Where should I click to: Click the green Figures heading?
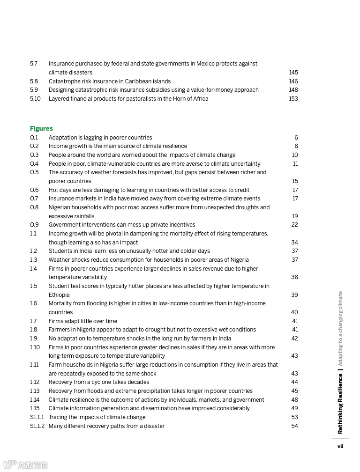click(x=41, y=128)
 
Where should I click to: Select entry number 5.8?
click(x=34, y=81)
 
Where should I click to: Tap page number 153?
click(x=293, y=99)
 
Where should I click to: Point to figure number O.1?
click(x=34, y=138)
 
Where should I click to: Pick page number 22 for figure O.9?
click(x=294, y=225)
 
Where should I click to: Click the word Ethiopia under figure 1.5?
click(x=59, y=295)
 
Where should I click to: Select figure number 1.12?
click(x=35, y=382)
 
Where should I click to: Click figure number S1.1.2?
click(x=37, y=426)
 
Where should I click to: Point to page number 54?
click(x=294, y=426)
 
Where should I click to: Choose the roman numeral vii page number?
click(x=340, y=446)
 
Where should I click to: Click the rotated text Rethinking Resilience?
click(x=341, y=404)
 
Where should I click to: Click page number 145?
click(x=293, y=73)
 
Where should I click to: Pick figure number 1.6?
click(x=34, y=303)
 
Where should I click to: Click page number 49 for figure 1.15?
click(x=294, y=408)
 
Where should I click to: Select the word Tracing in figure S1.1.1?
click(x=59, y=417)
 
